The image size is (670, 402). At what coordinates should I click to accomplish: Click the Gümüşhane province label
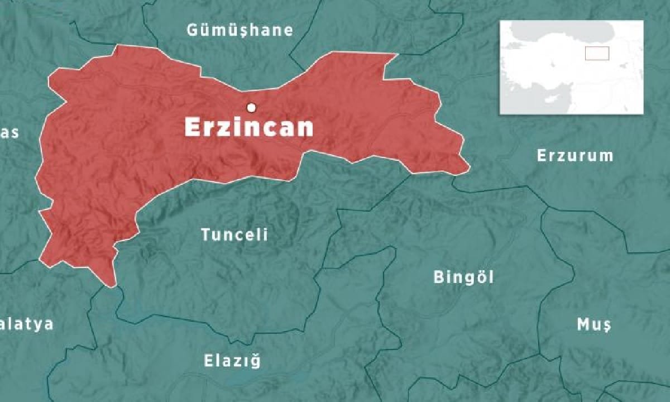click(240, 30)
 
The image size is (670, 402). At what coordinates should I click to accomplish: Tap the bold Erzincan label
click(249, 128)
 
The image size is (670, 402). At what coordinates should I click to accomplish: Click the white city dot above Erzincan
click(252, 107)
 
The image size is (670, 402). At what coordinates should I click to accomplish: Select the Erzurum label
click(575, 156)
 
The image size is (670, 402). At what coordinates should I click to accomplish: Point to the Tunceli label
click(234, 235)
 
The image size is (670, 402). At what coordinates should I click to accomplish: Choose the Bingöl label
click(463, 277)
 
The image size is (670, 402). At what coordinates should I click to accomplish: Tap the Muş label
click(594, 324)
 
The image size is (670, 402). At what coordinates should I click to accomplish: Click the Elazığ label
click(232, 361)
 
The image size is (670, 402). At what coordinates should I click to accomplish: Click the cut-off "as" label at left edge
click(10, 133)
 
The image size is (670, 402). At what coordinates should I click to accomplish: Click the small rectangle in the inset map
click(597, 53)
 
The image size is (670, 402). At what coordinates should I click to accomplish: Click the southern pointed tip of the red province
click(113, 285)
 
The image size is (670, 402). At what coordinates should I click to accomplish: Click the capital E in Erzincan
click(193, 128)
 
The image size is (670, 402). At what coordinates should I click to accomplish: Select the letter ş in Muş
click(606, 326)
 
